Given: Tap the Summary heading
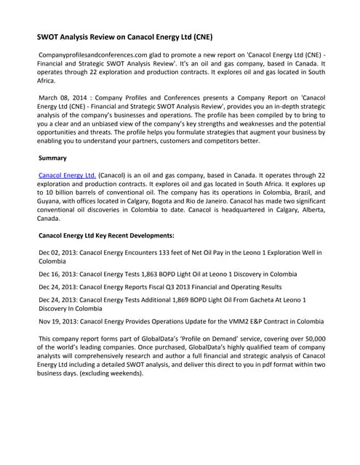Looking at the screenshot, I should click(x=52, y=157).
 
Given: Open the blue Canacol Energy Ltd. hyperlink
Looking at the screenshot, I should click(x=67, y=175).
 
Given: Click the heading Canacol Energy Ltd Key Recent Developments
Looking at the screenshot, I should click(x=105, y=235).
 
